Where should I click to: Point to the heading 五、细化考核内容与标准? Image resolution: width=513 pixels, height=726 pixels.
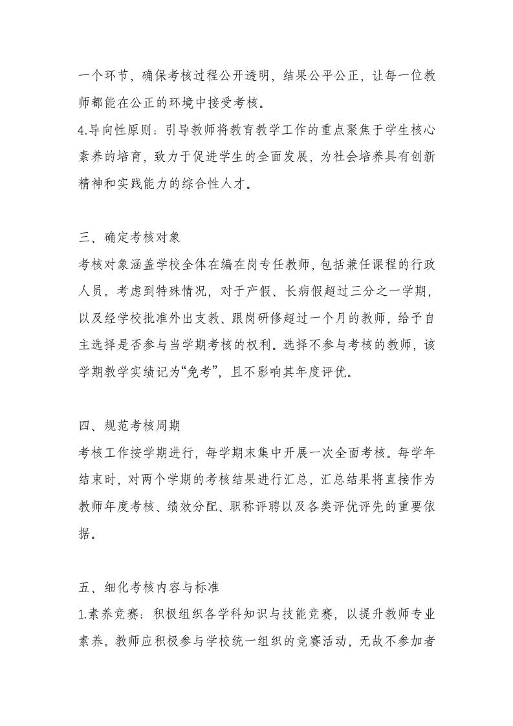(x=148, y=588)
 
